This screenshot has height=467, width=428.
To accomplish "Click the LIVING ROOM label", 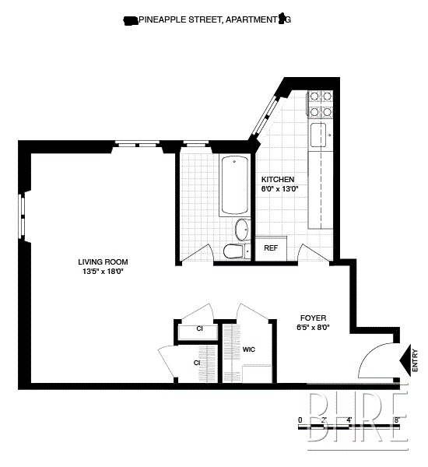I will [x=103, y=262].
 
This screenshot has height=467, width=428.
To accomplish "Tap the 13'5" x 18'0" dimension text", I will [x=103, y=272].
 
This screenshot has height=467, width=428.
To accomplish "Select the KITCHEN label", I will [x=277, y=179].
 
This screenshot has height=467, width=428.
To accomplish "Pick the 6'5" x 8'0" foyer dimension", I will [x=314, y=328].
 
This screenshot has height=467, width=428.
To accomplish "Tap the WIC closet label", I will [x=249, y=349].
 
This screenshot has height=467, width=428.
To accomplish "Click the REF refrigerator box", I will [x=271, y=248].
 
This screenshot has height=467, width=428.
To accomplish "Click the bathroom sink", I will [x=242, y=230].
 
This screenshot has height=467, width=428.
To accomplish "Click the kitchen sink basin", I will [x=318, y=135].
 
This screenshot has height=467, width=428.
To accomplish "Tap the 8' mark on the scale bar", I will [x=397, y=421].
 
